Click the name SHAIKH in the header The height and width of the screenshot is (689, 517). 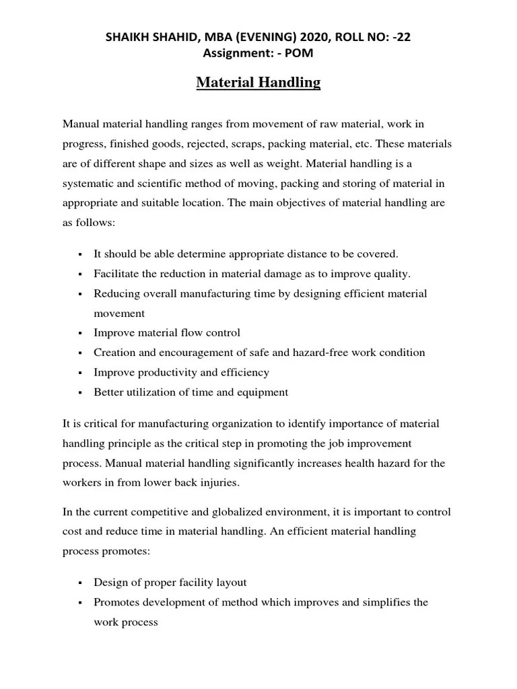129,37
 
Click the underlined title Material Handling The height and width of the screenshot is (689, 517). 258,83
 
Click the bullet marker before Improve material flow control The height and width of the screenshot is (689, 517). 80,334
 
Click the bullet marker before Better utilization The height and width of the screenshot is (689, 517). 80,393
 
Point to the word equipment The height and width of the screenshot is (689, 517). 259,392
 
